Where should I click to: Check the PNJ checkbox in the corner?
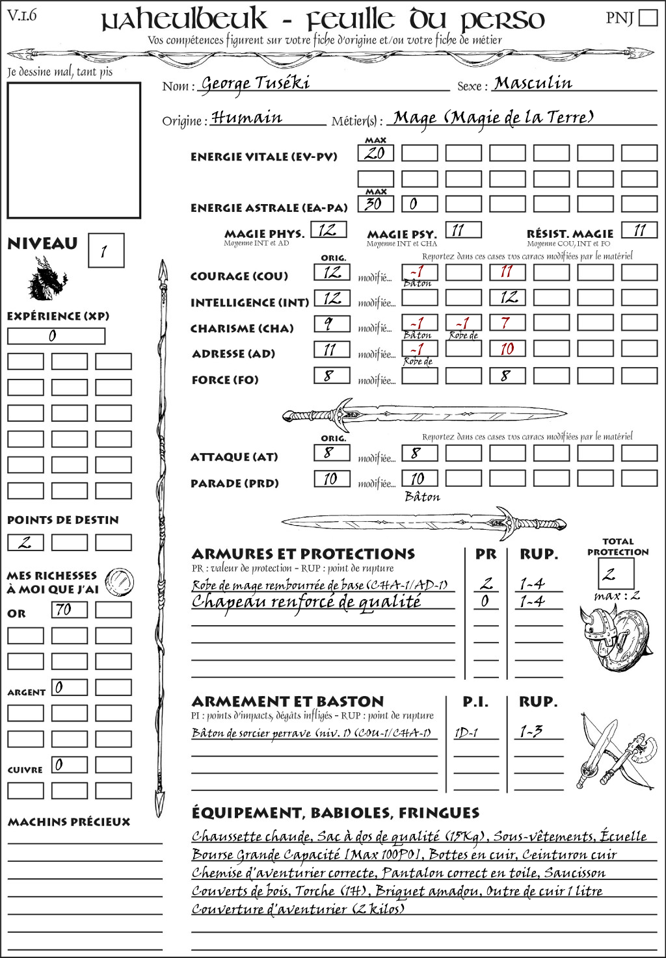pos(648,18)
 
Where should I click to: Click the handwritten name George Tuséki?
pos(255,84)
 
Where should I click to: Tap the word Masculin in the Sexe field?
pos(533,83)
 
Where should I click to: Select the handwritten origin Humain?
pos(246,118)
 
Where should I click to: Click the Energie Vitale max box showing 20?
pos(375,153)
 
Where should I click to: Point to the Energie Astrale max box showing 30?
pos(375,203)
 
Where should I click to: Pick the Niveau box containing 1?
pos(105,251)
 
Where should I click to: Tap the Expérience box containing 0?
pos(56,336)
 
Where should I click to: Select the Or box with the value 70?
pos(69,610)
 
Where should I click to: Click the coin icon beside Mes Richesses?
pos(120,582)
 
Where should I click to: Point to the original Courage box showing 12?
pos(332,272)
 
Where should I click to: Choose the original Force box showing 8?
pos(332,376)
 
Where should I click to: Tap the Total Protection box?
pos(615,574)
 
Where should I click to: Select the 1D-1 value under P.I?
pos(466,732)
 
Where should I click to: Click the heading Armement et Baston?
pos(287,701)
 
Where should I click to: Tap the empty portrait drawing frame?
pos(73,150)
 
